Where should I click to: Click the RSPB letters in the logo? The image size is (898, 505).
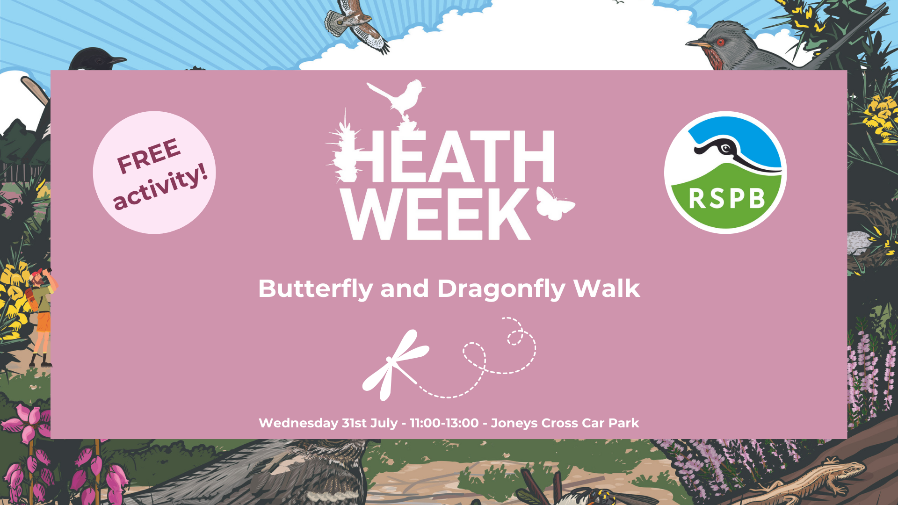(726, 199)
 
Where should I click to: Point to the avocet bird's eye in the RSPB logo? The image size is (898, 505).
(726, 149)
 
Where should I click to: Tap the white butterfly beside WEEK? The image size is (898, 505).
(555, 203)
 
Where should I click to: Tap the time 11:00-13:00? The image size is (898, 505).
(444, 423)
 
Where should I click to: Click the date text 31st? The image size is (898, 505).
(354, 423)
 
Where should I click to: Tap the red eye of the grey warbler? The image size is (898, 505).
(720, 42)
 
